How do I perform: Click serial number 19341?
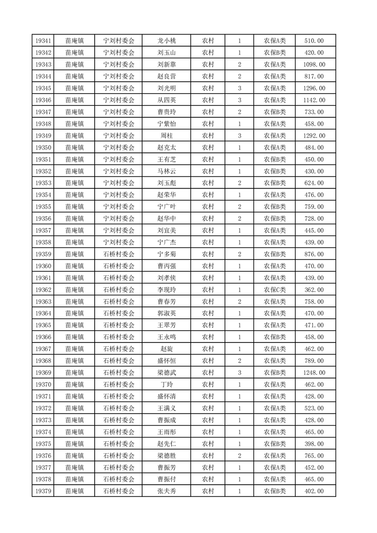pyautogui.click(x=43, y=41)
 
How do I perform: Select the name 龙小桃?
pyautogui.click(x=166, y=41)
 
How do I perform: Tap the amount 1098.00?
pyautogui.click(x=314, y=65)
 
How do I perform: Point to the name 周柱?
pyautogui.click(x=166, y=136)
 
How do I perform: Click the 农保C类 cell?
pyautogui.click(x=274, y=290)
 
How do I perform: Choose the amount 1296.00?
pyautogui.click(x=314, y=88)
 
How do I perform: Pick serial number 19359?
pyautogui.click(x=43, y=254)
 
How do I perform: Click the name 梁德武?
pyautogui.click(x=166, y=373)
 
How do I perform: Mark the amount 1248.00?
pyautogui.click(x=314, y=373)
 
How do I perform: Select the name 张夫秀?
pyautogui.click(x=166, y=491)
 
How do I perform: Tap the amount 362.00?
pyautogui.click(x=314, y=290)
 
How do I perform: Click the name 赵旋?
pyautogui.click(x=166, y=349)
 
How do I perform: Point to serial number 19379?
pyautogui.click(x=43, y=491)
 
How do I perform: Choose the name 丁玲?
pyautogui.click(x=166, y=385)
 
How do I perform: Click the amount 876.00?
pyautogui.click(x=314, y=254)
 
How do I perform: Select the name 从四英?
pyautogui.click(x=166, y=100)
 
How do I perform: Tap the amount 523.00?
pyautogui.click(x=314, y=409)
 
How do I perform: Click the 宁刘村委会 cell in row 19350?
pyautogui.click(x=119, y=148)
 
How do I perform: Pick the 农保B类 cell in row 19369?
pyautogui.click(x=274, y=373)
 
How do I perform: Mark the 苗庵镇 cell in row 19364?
pyautogui.click(x=75, y=314)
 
